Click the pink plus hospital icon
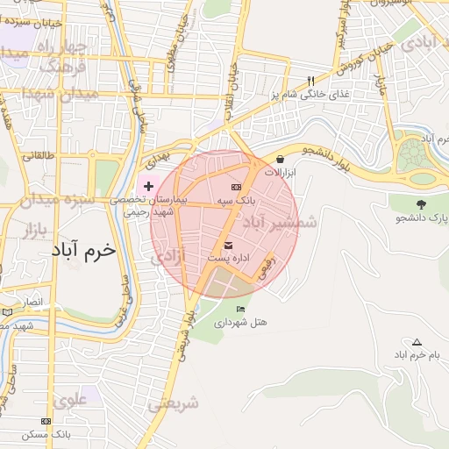click(148, 186)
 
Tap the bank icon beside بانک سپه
click(236, 187)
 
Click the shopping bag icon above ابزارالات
click(280, 159)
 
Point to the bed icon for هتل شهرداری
click(241, 309)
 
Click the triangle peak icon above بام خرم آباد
click(417, 342)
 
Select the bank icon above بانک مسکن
click(46, 421)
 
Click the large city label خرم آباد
click(83, 250)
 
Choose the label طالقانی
click(38, 155)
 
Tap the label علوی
click(70, 401)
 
